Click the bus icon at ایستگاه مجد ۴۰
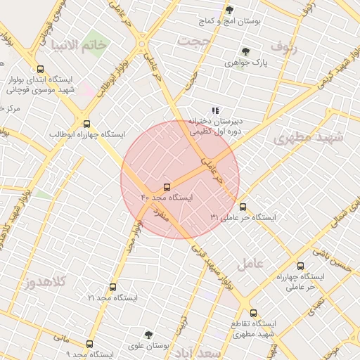(x=167, y=187)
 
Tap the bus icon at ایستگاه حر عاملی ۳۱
(x=243, y=207)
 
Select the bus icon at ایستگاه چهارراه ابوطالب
(x=86, y=123)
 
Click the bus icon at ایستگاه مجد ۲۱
(x=112, y=287)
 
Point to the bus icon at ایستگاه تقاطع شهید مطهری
(x=253, y=313)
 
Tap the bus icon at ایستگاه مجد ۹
(x=89, y=344)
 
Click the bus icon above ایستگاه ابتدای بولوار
(x=40, y=70)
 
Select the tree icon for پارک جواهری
(x=245, y=51)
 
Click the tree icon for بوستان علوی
(x=148, y=335)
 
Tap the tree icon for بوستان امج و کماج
(x=229, y=10)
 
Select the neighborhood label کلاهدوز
(x=44, y=282)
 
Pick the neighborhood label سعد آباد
(x=198, y=351)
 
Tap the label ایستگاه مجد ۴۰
(x=167, y=199)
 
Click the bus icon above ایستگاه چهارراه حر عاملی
(x=301, y=266)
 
